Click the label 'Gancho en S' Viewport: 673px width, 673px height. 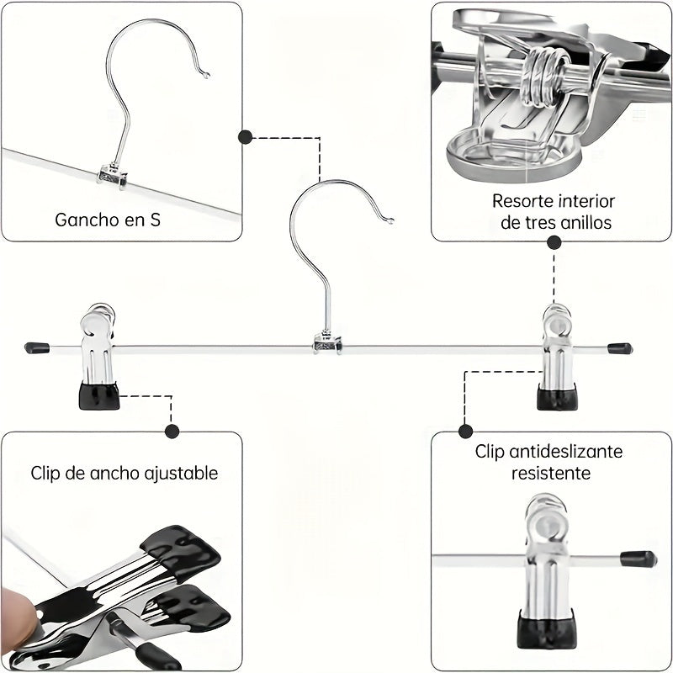pos(108,220)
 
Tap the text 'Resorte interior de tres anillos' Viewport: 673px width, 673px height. pos(554,212)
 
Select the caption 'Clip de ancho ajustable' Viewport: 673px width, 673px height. pos(125,473)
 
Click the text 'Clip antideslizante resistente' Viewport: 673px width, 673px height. pos(549,462)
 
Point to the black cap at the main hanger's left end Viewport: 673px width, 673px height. pos(35,347)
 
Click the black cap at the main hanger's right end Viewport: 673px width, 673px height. pos(620,347)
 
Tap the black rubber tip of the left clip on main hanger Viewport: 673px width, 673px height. pos(99,395)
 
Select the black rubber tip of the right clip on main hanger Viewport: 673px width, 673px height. pos(557,396)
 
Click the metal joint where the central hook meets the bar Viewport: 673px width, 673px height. pos(327,342)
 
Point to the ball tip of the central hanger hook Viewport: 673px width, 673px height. pos(390,221)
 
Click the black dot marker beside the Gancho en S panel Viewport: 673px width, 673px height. pos(246,137)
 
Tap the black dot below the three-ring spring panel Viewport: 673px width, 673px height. pos(554,242)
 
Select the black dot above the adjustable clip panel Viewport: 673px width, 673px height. pos(172,432)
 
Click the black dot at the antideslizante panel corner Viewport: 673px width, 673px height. pos(465,431)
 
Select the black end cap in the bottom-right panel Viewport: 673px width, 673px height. pos(639,559)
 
